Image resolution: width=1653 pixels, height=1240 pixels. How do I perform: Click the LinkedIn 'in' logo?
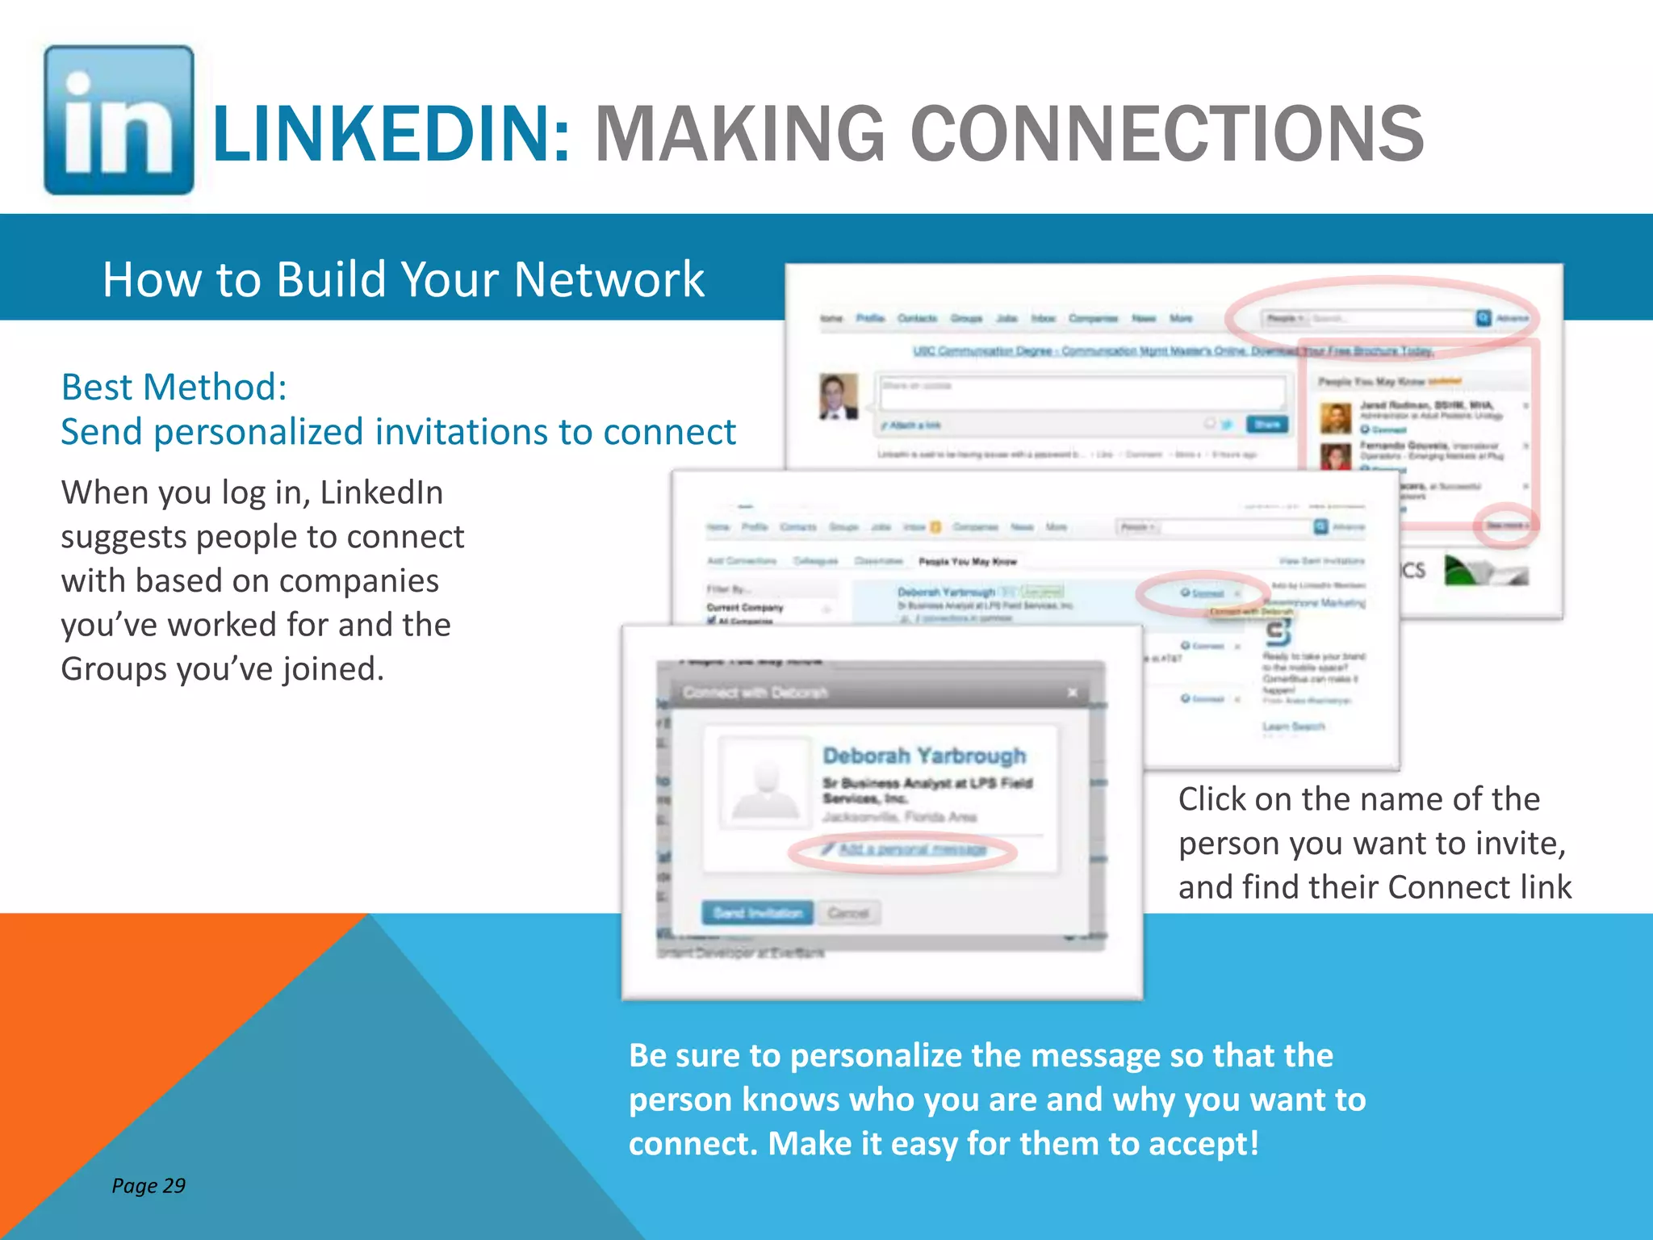click(x=119, y=120)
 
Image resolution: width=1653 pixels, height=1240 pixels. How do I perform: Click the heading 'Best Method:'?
click(x=174, y=387)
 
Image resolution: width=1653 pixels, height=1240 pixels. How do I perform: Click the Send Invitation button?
click(x=758, y=913)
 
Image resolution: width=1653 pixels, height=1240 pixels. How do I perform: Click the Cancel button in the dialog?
click(x=848, y=913)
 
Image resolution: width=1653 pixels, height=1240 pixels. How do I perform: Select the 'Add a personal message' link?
click(x=911, y=849)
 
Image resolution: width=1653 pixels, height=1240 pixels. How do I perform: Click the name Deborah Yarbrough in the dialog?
click(x=924, y=756)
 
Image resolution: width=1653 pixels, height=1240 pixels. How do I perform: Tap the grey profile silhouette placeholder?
click(x=765, y=784)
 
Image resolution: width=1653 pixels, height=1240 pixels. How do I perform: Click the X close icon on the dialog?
click(x=1073, y=693)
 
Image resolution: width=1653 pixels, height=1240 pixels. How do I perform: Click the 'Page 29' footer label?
click(x=149, y=1185)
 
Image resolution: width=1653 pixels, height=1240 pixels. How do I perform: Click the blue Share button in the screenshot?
click(x=1266, y=424)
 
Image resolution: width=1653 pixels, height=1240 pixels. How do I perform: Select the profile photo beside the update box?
click(x=839, y=396)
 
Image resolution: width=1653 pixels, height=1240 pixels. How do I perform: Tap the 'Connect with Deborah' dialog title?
click(x=755, y=693)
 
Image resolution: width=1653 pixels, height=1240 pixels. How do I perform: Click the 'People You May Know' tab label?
click(x=968, y=561)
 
